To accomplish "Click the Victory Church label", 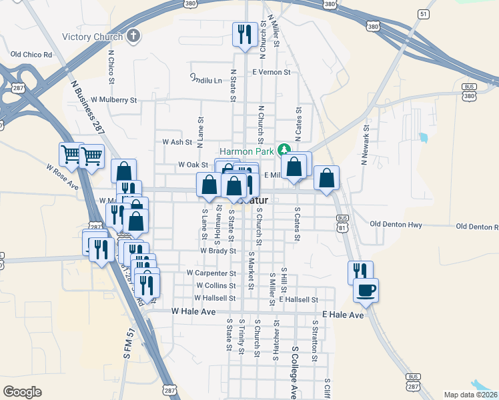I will tap(92, 37).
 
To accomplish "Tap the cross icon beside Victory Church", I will tap(133, 35).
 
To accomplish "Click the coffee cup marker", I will tap(366, 290).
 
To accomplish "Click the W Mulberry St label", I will tap(113, 100).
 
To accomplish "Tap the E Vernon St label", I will tap(272, 72).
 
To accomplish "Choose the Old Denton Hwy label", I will tap(396, 225).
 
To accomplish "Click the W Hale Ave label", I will tap(193, 311).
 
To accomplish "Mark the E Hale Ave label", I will tap(343, 314).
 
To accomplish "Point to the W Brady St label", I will tap(218, 251).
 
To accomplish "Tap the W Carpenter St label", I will tap(211, 273).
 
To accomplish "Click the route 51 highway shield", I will tap(423, 14).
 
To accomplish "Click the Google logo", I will tap(22, 391).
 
